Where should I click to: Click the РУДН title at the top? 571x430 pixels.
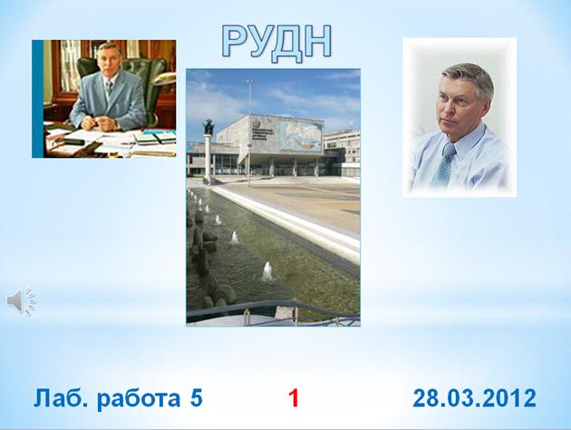(276, 42)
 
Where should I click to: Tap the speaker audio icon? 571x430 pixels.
(20, 301)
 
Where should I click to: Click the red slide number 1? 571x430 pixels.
(294, 398)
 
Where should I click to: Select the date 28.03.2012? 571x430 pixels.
(474, 398)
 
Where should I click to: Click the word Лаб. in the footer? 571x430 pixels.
(61, 398)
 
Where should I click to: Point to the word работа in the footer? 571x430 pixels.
(139, 398)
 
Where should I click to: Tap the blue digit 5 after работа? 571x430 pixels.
(197, 398)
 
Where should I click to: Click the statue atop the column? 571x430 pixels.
(208, 126)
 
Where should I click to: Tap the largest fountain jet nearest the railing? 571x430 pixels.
(267, 271)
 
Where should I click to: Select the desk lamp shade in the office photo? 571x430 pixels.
(164, 78)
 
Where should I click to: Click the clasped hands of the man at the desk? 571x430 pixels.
(99, 123)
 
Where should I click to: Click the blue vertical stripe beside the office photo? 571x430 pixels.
(37, 99)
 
